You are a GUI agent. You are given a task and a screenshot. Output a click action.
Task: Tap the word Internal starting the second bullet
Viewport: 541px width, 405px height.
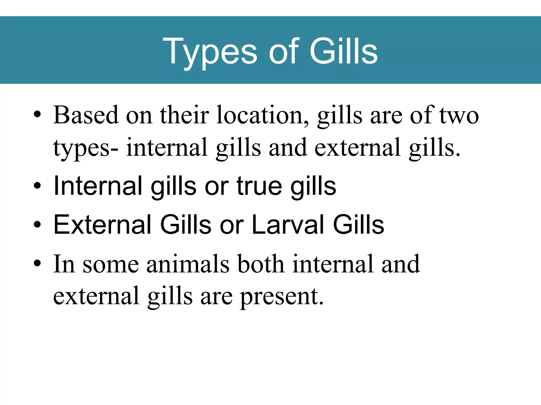98,186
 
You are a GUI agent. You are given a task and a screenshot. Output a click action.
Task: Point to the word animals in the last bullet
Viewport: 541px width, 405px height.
188,264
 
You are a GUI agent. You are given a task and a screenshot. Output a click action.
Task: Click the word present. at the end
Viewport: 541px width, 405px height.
282,297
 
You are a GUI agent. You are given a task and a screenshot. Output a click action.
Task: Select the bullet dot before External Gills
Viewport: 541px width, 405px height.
37,224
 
